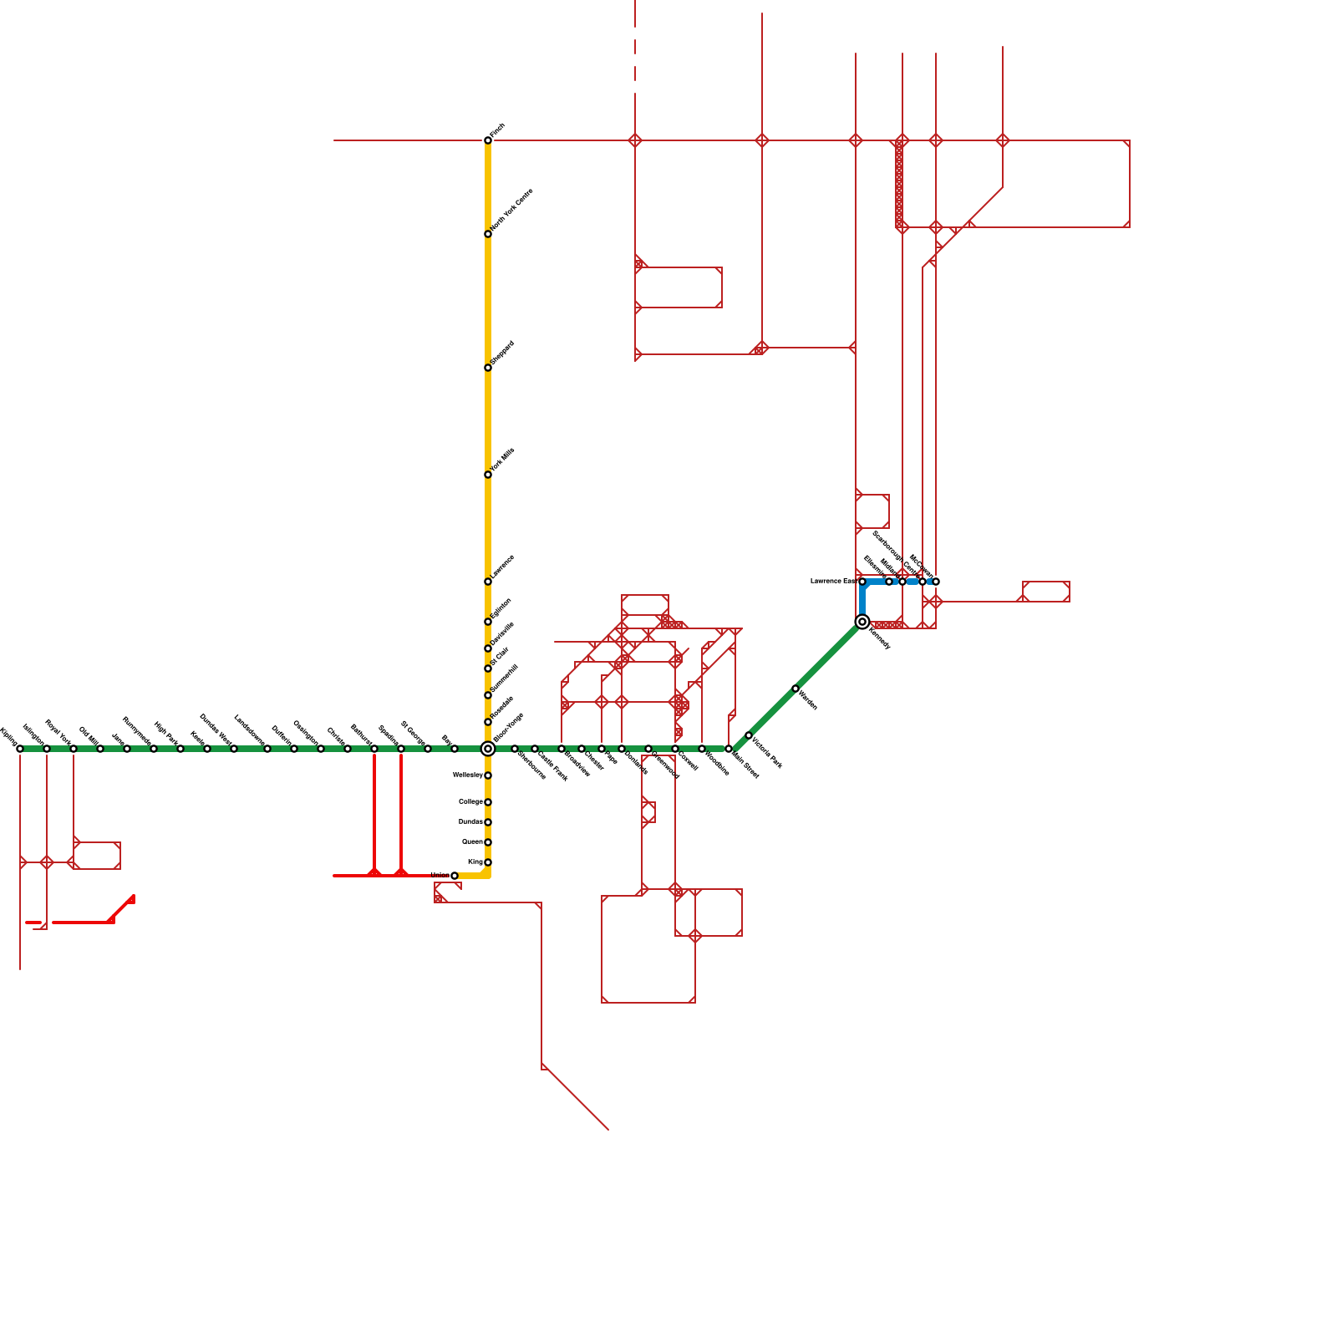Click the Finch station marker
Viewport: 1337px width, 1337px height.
click(x=488, y=140)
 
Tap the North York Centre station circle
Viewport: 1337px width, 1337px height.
click(x=488, y=234)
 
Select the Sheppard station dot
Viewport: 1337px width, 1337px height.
click(x=488, y=368)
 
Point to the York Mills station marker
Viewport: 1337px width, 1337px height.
click(x=488, y=475)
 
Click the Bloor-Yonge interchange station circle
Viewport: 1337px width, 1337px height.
click(x=488, y=749)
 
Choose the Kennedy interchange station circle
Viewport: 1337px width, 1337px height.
click(x=862, y=622)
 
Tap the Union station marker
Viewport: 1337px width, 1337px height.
click(x=455, y=876)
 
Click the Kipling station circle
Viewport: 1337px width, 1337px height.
click(x=20, y=749)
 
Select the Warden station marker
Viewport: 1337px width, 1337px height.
click(x=796, y=689)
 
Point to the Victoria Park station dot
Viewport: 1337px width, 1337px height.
click(x=749, y=735)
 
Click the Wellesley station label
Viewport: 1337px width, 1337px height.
click(x=467, y=775)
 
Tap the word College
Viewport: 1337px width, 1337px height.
click(x=470, y=802)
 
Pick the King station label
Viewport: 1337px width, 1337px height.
click(x=475, y=862)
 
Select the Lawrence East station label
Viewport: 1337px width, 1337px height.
click(x=832, y=581)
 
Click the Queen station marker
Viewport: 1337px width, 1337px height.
click(x=488, y=842)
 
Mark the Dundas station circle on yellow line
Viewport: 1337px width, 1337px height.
click(x=488, y=822)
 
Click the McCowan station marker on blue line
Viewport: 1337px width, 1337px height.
click(x=936, y=582)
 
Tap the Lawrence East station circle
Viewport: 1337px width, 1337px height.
click(x=862, y=582)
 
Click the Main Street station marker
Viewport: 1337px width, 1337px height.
click(x=729, y=749)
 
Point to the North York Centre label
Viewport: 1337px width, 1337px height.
click(x=511, y=210)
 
